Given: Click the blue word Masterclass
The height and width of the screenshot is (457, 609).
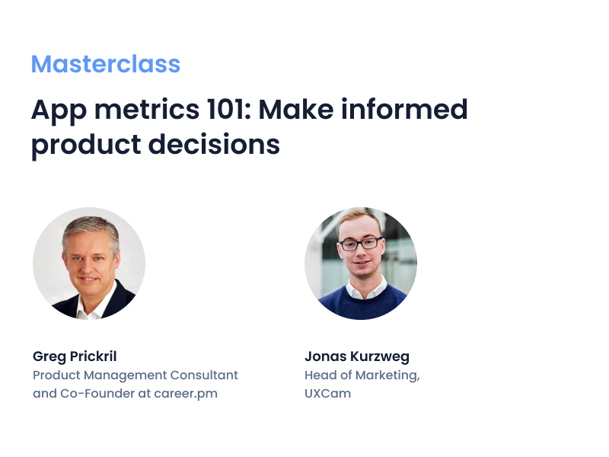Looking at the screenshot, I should coord(106,64).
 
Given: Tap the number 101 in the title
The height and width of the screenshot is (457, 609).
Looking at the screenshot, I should coord(228,110).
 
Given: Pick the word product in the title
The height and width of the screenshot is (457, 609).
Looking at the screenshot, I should coord(79,145).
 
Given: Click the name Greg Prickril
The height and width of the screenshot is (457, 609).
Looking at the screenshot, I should coord(75,356).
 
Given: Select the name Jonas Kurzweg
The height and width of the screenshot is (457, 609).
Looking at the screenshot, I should coord(357,356).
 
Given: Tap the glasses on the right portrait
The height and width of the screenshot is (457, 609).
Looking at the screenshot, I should coord(360,244).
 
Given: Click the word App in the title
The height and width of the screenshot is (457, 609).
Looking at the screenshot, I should coord(54,110).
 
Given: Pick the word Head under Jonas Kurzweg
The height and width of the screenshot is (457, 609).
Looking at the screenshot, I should coord(320,376).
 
